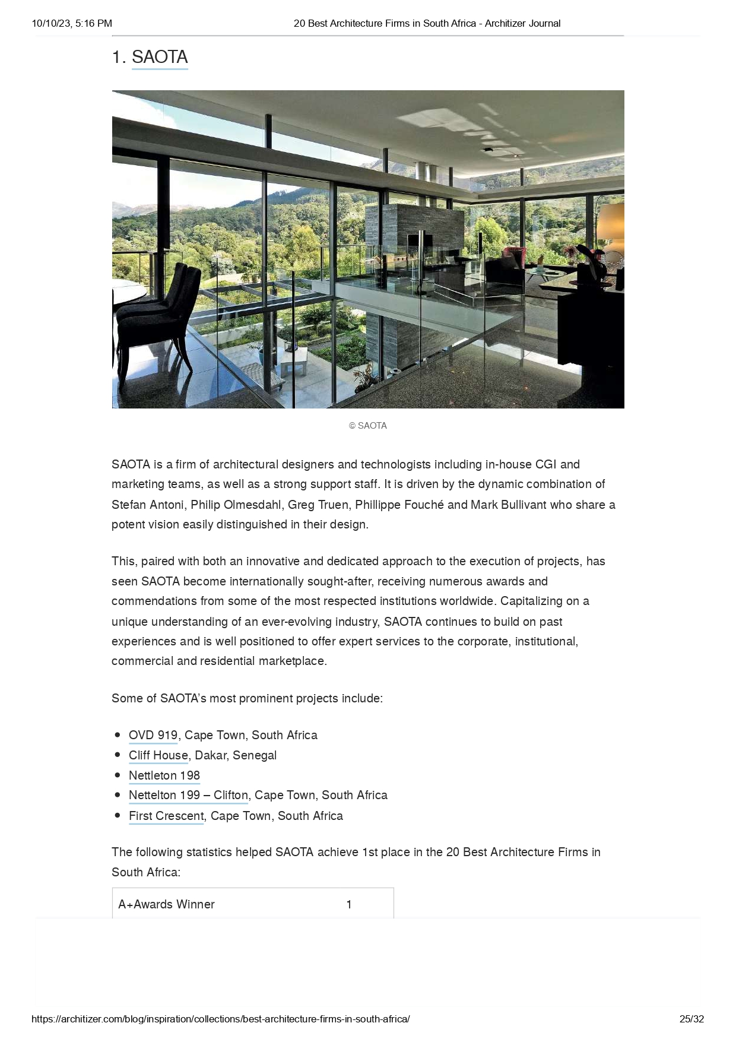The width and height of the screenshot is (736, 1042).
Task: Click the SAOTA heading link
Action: tap(160, 57)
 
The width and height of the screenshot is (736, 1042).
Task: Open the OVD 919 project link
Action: tap(153, 735)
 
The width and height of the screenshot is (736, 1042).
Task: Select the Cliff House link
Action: tap(158, 755)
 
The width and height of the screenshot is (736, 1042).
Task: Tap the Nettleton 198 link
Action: tap(164, 775)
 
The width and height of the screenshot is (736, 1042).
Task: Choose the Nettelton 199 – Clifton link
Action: tap(188, 795)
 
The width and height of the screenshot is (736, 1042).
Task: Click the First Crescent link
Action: tap(166, 816)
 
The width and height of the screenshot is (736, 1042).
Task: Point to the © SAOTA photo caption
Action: tap(368, 426)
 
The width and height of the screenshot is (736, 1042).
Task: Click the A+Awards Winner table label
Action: tap(166, 904)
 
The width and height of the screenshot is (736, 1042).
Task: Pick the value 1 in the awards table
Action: tap(349, 904)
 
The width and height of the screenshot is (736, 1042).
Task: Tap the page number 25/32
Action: tap(691, 1019)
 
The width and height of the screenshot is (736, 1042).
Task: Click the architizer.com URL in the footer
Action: tap(220, 1019)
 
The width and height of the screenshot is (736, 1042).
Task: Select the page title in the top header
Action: tap(427, 23)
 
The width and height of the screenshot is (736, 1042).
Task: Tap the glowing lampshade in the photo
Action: tap(611, 229)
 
